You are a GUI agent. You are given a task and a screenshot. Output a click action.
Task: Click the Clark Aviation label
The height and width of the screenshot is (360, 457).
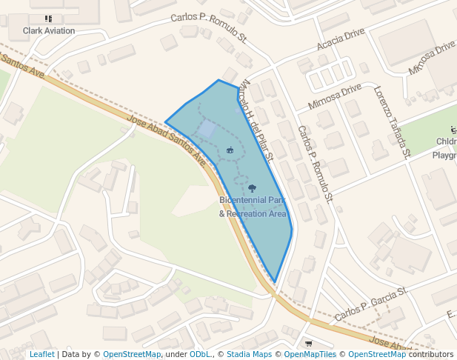point(49,30)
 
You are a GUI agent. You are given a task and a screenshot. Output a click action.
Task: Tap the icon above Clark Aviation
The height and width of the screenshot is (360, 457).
point(49,19)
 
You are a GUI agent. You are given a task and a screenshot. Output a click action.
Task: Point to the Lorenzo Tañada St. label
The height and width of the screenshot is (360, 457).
point(392,122)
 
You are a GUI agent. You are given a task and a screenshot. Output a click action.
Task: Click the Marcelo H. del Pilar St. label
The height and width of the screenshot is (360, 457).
point(258,119)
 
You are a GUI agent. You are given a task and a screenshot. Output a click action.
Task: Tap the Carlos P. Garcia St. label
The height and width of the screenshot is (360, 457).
point(371,304)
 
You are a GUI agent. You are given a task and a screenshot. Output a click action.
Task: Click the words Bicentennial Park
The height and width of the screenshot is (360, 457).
point(252,201)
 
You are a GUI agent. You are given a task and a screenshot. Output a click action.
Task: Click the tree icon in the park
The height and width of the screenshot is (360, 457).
point(252,188)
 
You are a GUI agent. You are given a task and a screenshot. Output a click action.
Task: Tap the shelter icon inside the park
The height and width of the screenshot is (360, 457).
point(230,150)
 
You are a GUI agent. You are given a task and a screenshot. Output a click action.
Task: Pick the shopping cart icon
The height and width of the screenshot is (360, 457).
point(308,343)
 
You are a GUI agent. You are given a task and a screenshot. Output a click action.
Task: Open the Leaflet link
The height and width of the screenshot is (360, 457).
point(41,355)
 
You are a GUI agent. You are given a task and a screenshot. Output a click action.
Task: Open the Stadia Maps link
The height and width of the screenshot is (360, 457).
point(249,355)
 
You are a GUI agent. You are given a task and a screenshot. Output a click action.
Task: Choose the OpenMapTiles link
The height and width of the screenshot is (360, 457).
point(310,355)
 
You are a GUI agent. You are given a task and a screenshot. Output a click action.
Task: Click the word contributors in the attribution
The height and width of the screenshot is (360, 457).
point(431,355)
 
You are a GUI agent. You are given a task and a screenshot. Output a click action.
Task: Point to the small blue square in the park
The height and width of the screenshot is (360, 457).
point(207,130)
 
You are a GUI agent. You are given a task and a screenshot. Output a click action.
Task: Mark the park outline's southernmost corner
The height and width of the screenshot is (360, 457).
point(276,282)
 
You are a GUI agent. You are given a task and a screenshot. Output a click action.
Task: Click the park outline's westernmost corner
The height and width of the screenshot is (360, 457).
point(165,121)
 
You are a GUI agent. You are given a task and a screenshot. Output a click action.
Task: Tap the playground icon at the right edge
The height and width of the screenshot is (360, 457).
point(453,129)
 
